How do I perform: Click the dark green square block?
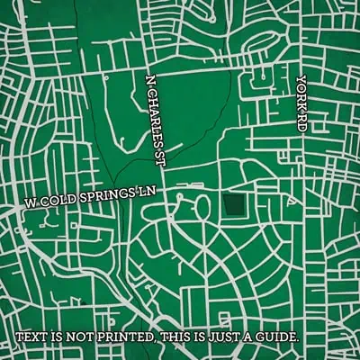(235, 206)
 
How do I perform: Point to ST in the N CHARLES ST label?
(163, 142)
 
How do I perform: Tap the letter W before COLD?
(30, 205)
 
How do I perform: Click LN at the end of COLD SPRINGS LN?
(148, 191)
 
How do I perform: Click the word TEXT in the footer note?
(31, 337)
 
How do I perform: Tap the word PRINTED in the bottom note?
(121, 337)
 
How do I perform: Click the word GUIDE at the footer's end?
(277, 337)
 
